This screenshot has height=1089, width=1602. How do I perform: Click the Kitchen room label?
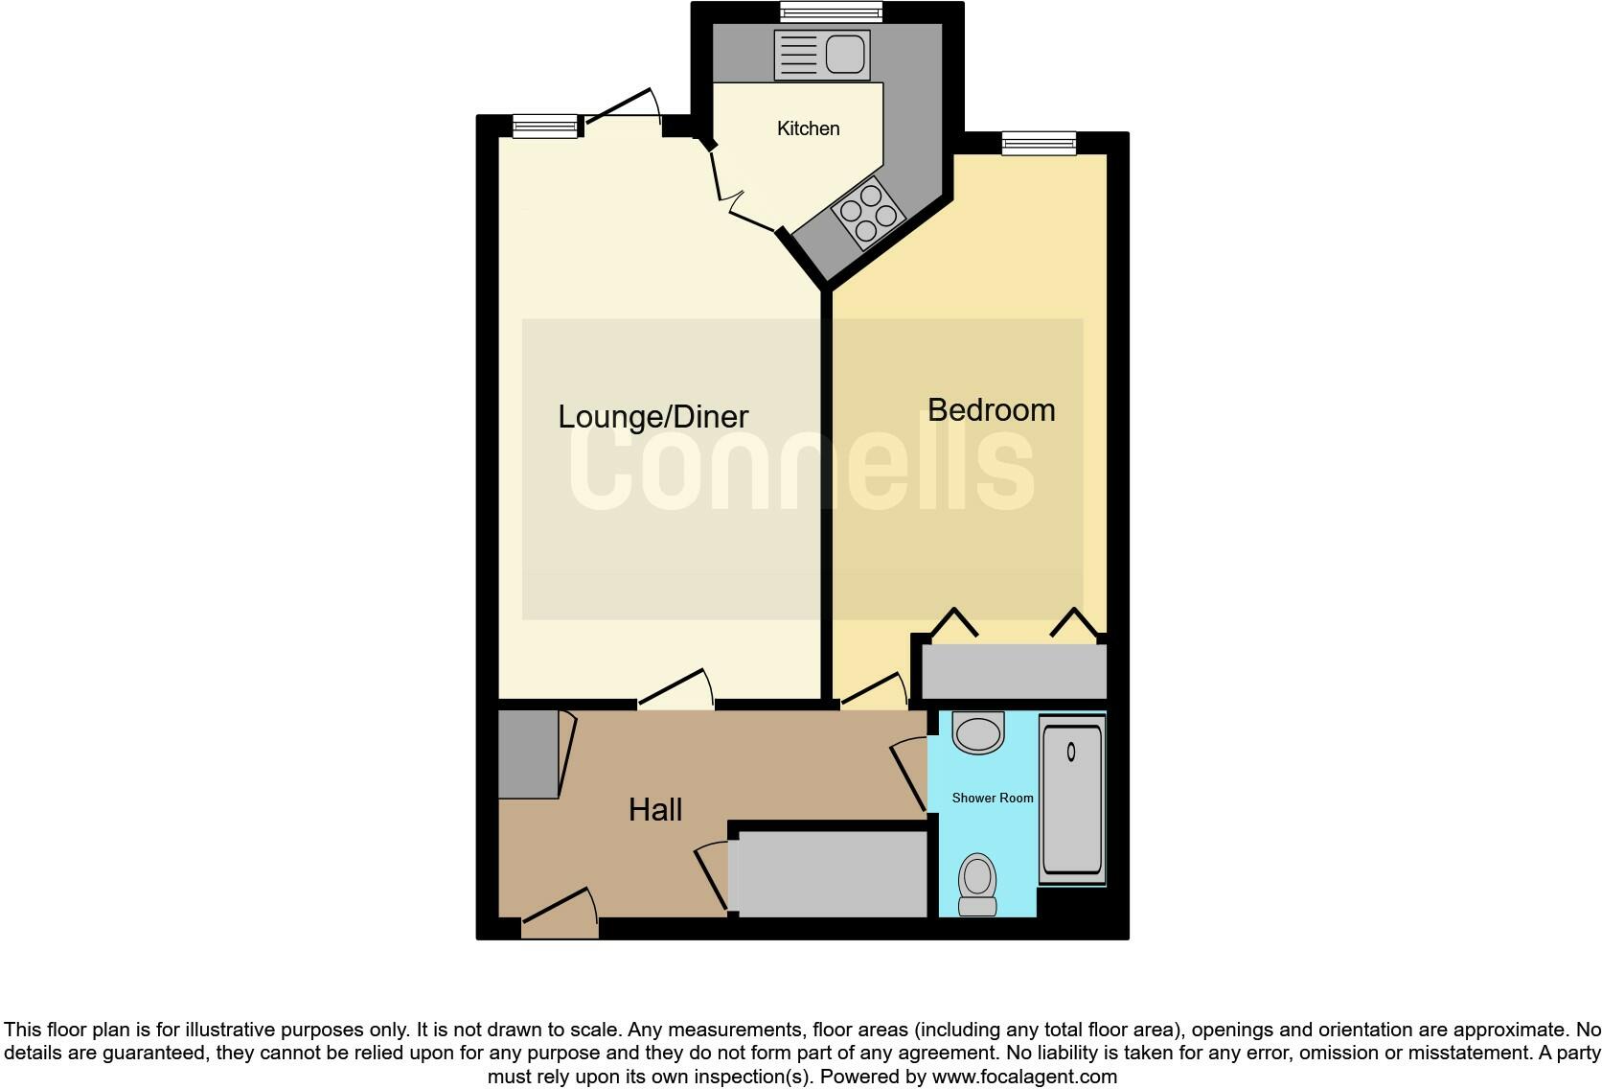[808, 128]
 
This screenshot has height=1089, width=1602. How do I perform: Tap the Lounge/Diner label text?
[652, 416]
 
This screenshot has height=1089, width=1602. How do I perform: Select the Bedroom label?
[991, 410]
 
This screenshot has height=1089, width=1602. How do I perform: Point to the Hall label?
[655, 810]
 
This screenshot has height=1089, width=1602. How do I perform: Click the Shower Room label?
[993, 798]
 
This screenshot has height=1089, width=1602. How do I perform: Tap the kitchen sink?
[822, 54]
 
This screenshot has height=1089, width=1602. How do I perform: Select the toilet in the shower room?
[978, 884]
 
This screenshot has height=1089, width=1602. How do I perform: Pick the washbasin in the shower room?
[978, 732]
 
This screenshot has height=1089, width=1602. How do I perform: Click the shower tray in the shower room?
[1072, 798]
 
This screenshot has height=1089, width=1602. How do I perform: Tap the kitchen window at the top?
[831, 12]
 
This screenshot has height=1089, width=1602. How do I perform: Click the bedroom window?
[1039, 144]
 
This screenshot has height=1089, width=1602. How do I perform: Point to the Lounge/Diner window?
[545, 127]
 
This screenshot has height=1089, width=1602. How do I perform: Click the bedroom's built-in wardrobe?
[1014, 670]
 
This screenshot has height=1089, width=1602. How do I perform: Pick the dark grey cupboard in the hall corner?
[528, 754]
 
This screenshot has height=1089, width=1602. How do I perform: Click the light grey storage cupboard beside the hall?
[830, 873]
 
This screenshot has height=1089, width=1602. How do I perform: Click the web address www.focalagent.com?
[1024, 1077]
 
